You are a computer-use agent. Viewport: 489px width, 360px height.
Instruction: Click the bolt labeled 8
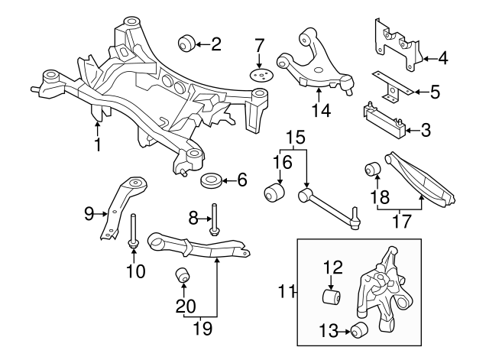[213, 217]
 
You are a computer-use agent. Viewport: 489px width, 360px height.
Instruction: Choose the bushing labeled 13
[361, 331]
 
